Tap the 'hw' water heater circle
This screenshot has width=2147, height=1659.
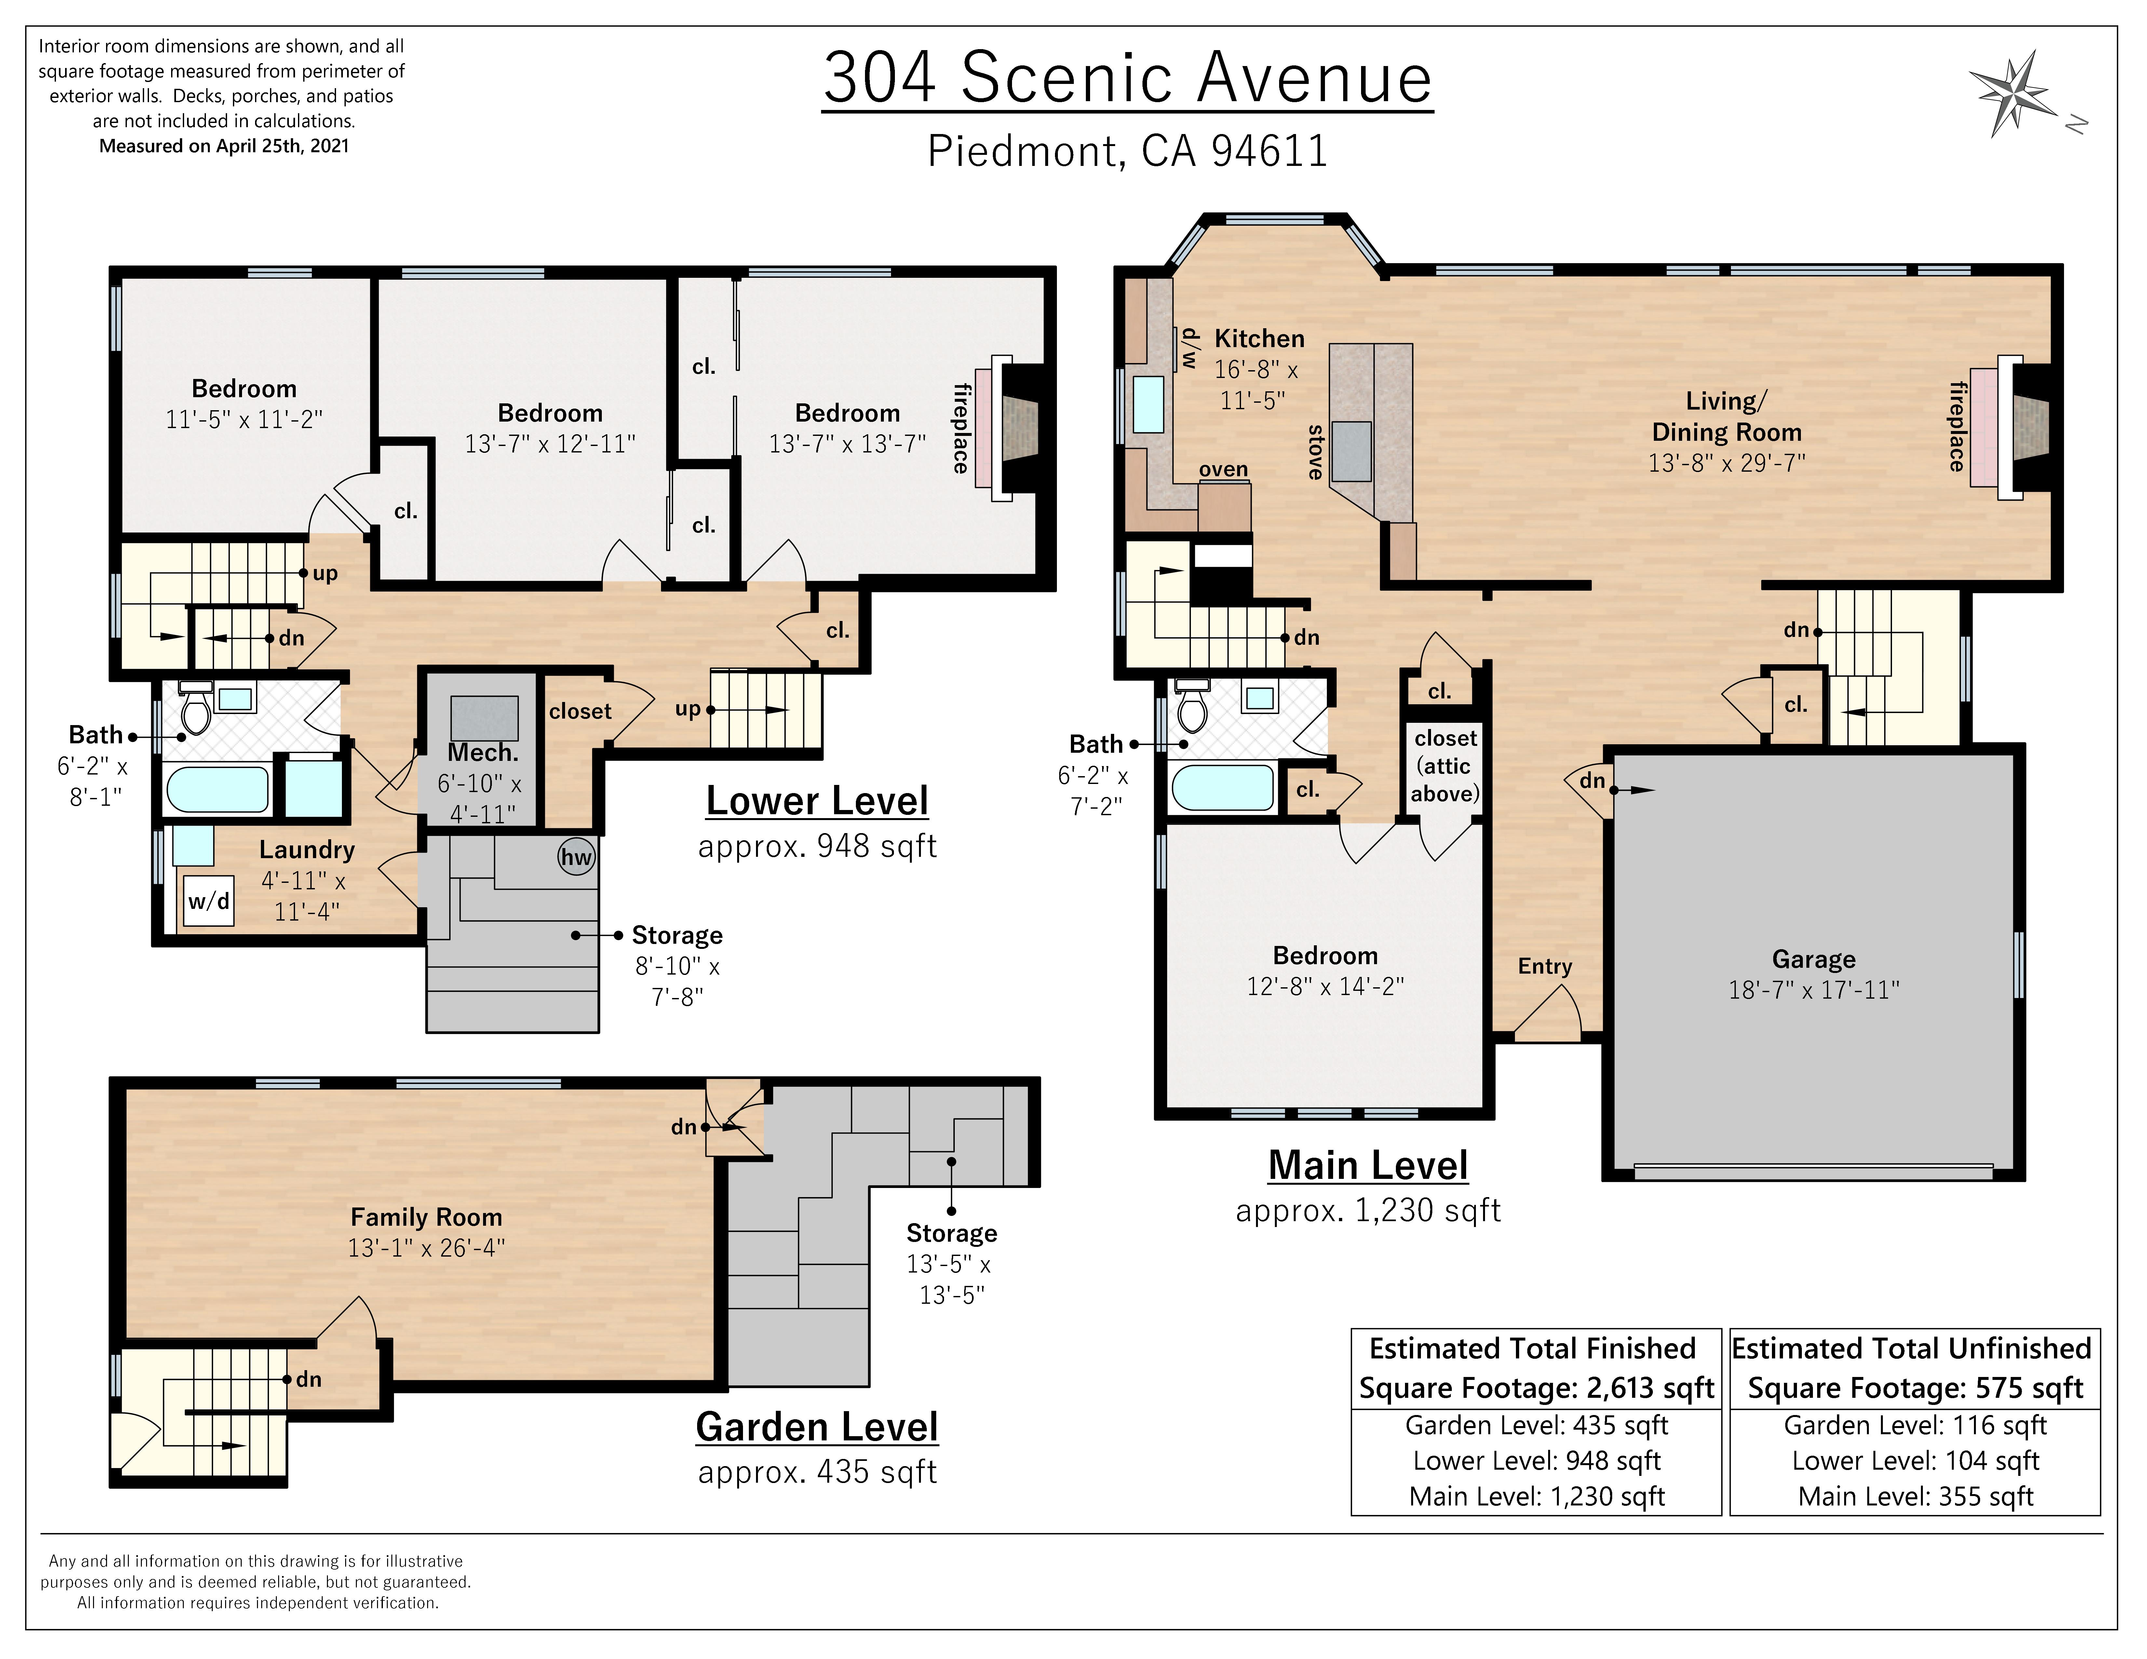pos(576,857)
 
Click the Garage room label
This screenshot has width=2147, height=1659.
pos(1814,959)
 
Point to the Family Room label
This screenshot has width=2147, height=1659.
pos(427,1217)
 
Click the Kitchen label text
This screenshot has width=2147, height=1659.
pos(1259,339)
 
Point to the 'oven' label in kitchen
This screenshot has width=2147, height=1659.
pos(1223,470)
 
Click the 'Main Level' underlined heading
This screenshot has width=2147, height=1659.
pos(1368,1167)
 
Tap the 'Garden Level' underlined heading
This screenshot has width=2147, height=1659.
pos(817,1427)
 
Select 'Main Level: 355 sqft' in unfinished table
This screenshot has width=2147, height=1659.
pos(1915,1497)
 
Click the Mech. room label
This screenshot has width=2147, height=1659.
pos(483,753)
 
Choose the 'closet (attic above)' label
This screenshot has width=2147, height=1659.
pos(1445,766)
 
